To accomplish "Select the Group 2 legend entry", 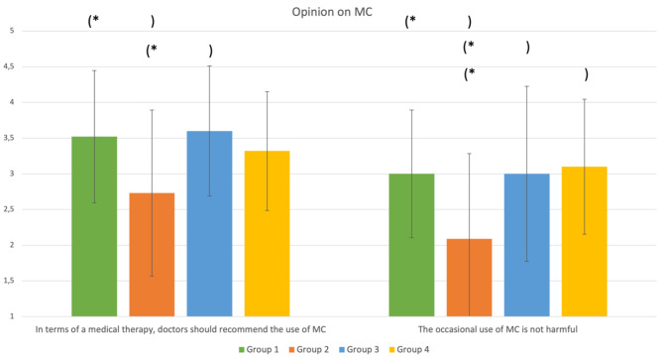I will coord(311,349).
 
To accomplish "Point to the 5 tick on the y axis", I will coord(12,31).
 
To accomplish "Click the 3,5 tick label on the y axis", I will coord(10,138).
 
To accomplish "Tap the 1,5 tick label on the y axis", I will coord(10,281).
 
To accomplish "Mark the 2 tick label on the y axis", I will coord(12,245).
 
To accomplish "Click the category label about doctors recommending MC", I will coord(180,328).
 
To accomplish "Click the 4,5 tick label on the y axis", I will coord(10,66).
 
